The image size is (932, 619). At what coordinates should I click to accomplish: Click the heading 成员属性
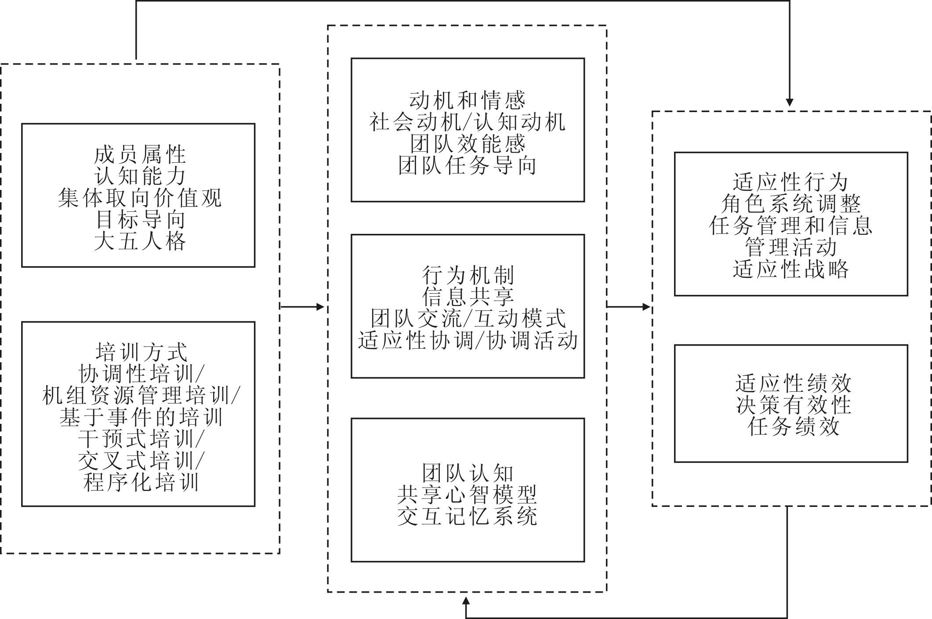tap(140, 155)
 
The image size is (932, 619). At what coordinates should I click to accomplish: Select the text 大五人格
tap(140, 241)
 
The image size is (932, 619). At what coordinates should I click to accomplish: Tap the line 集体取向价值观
tap(140, 198)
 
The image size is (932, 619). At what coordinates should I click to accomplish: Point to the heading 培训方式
tap(141, 353)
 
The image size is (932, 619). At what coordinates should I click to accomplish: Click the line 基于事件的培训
tap(141, 417)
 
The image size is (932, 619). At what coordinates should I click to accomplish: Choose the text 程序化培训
tap(141, 482)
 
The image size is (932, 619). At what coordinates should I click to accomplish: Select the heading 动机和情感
tap(467, 101)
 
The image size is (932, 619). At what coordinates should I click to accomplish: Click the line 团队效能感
tap(467, 144)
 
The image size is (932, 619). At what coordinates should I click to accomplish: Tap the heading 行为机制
tap(468, 276)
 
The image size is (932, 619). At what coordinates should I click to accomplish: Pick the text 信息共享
tap(468, 297)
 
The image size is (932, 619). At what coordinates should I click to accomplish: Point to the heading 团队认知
tap(468, 473)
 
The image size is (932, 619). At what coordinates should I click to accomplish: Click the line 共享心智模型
tap(468, 495)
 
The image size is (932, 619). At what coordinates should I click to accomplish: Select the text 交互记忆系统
tap(468, 517)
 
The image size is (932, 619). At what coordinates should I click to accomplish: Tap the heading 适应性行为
tap(790, 182)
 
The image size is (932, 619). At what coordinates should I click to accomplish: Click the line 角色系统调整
tap(790, 204)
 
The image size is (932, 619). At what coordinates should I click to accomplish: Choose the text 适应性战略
tap(790, 269)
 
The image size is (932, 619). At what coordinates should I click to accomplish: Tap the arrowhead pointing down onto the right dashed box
tap(790, 102)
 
